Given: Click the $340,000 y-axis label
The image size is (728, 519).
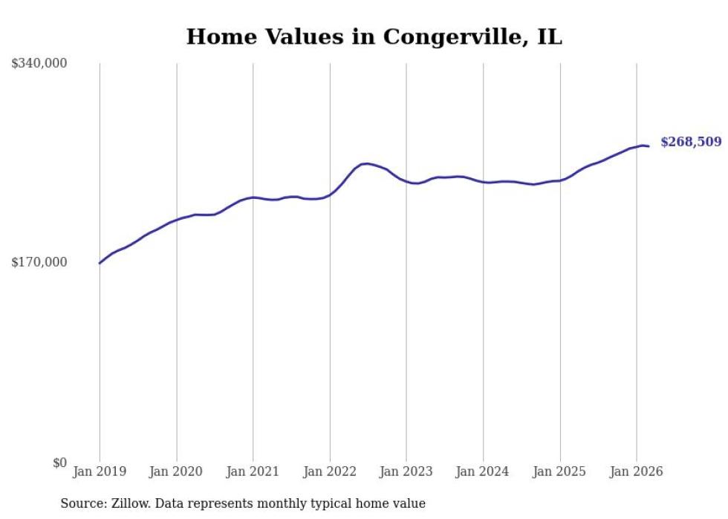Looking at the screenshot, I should [x=39, y=64].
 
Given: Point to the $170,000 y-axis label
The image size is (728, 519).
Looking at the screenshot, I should [x=39, y=262].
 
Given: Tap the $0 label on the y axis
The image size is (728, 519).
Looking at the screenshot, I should [x=60, y=463].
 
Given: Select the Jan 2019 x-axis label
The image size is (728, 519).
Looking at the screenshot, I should [x=100, y=471].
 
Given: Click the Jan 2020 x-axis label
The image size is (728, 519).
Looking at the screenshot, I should [x=176, y=471].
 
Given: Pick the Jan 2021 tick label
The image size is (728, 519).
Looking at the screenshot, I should [x=253, y=471].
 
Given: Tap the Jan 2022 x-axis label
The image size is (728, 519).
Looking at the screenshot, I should [x=330, y=471].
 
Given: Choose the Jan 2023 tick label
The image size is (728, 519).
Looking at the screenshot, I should [x=406, y=471].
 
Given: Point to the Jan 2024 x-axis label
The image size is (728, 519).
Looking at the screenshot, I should [x=483, y=471].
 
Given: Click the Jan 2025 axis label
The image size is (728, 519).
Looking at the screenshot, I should [x=559, y=471].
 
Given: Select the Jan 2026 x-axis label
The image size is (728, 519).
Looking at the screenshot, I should [x=637, y=471].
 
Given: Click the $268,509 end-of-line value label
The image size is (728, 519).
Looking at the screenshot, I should [x=691, y=142].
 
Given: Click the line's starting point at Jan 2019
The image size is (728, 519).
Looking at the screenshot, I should [x=100, y=263].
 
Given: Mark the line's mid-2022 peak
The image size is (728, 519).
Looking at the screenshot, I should [x=365, y=163].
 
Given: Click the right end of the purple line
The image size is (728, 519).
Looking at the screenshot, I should [x=649, y=146].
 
